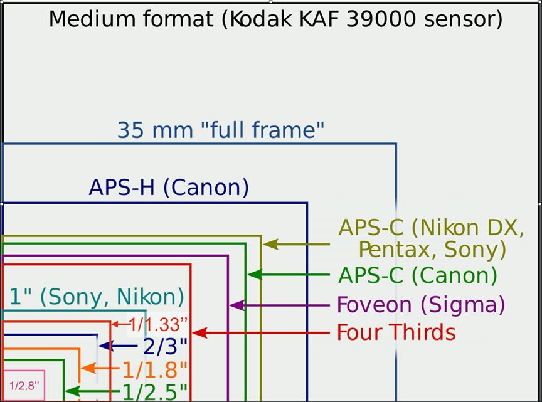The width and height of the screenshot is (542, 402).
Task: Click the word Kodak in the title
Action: [x=261, y=19]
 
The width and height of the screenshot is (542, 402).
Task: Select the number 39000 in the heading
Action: [x=381, y=19]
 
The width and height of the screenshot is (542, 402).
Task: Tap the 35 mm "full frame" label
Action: [x=221, y=130]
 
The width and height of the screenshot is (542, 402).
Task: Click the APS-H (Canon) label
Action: [x=169, y=188]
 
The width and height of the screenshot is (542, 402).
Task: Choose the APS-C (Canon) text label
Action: [x=418, y=275]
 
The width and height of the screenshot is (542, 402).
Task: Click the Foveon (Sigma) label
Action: [x=421, y=305]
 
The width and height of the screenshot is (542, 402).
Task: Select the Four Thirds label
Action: [x=396, y=332]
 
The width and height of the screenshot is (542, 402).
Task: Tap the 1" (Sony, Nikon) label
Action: [x=97, y=297]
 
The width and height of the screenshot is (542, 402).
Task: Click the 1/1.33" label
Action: [x=158, y=325]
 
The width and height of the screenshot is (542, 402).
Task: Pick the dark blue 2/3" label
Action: [x=165, y=346]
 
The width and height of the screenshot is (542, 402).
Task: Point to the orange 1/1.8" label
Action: [x=155, y=369]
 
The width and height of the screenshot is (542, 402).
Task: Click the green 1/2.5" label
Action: [x=155, y=392]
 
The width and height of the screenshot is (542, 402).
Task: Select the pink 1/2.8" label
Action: [x=24, y=386]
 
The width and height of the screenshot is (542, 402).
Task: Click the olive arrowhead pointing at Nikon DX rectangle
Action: [x=270, y=245]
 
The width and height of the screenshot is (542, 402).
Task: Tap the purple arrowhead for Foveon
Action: [x=237, y=305]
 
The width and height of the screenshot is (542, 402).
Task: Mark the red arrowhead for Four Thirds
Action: [x=199, y=333]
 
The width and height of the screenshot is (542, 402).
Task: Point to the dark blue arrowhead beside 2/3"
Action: [x=106, y=346]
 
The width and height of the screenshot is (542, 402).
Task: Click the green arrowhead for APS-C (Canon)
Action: [x=255, y=275]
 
